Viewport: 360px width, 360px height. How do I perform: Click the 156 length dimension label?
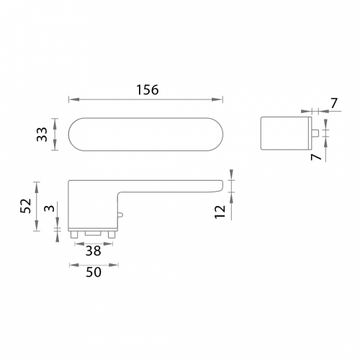[148, 90]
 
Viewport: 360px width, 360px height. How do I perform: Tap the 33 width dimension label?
[42, 135]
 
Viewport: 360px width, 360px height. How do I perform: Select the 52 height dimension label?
[26, 206]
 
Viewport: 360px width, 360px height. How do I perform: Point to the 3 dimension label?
[50, 208]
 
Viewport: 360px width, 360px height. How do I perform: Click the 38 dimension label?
[94, 251]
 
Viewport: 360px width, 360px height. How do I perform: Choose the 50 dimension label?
[94, 272]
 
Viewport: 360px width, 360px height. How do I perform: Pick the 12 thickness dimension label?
[220, 212]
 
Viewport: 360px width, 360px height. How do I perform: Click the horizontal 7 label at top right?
[334, 104]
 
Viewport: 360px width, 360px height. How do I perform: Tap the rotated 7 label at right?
[316, 157]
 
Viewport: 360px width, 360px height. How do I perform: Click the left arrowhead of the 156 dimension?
[73, 99]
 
